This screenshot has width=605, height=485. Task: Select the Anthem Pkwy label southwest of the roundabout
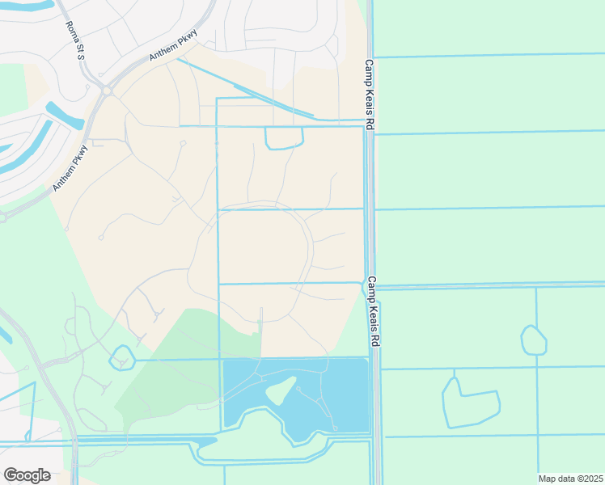click(70, 168)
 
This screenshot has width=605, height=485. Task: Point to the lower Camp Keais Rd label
click(373, 313)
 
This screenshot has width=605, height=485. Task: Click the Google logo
click(27, 474)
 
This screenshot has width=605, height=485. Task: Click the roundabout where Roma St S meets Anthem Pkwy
click(106, 91)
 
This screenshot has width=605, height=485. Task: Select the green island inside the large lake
click(279, 391)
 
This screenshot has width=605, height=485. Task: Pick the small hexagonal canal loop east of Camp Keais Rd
click(534, 340)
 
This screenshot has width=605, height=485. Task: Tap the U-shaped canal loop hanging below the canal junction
click(284, 138)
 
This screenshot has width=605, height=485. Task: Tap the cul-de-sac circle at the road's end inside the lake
click(334, 428)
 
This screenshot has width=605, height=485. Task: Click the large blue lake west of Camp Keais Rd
click(340, 388)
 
